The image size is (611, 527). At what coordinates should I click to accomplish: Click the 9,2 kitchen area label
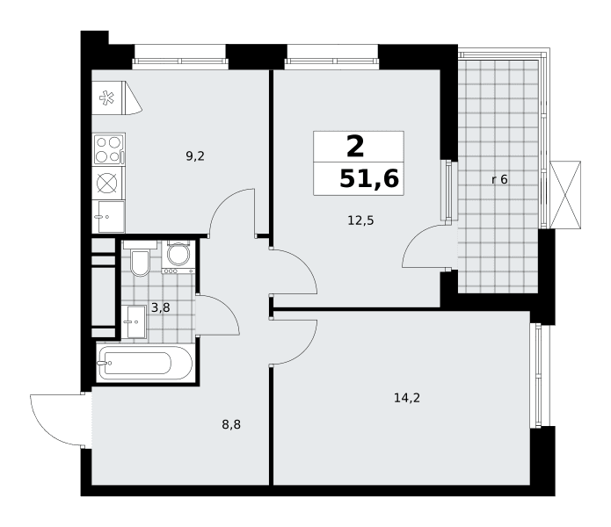pyautogui.click(x=195, y=156)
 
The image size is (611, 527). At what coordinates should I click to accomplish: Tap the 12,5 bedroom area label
pyautogui.click(x=360, y=220)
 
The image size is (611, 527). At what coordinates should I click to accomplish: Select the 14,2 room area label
pyautogui.click(x=407, y=398)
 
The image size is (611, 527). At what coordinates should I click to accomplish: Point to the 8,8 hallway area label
pyautogui.click(x=231, y=424)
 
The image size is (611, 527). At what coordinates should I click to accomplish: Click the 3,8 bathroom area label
pyautogui.click(x=161, y=308)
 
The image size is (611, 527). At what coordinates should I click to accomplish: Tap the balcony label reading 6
pyautogui.click(x=504, y=179)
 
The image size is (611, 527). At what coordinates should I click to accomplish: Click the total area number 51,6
pyautogui.click(x=369, y=179)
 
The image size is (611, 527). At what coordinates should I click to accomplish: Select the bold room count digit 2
pyautogui.click(x=355, y=147)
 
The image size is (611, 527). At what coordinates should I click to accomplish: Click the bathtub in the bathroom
pyautogui.click(x=144, y=363)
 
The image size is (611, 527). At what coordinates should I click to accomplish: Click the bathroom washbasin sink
pyautogui.click(x=134, y=321)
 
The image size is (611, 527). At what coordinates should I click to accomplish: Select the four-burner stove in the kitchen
pyautogui.click(x=109, y=148)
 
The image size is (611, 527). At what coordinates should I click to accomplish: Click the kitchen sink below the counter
pyautogui.click(x=109, y=217)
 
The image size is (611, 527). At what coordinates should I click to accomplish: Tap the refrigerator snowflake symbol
pyautogui.click(x=106, y=97)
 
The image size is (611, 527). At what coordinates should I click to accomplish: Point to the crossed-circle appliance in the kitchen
pyautogui.click(x=106, y=183)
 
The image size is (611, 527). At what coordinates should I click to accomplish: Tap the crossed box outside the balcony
pyautogui.click(x=565, y=195)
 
